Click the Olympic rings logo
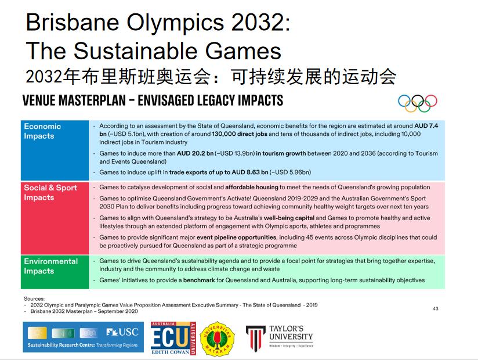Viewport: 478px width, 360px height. click(x=417, y=103)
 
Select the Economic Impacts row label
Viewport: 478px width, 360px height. click(x=42, y=131)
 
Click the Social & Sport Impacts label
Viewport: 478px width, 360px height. click(x=50, y=193)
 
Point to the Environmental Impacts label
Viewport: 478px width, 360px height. click(x=51, y=266)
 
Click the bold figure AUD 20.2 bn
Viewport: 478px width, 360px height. click(x=195, y=153)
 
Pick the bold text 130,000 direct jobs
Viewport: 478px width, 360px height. click(x=240, y=134)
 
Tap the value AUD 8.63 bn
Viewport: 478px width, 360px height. click(x=249, y=172)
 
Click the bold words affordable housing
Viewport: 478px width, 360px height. click(x=252, y=187)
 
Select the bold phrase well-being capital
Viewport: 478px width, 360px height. click(x=289, y=218)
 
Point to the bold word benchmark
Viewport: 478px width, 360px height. click(x=199, y=280)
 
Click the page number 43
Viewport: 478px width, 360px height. click(x=436, y=309)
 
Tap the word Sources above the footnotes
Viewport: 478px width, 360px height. click(x=34, y=298)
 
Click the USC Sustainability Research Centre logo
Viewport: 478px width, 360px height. click(x=83, y=337)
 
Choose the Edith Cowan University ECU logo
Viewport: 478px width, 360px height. click(x=173, y=338)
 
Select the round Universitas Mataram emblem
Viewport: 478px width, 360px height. click(x=217, y=339)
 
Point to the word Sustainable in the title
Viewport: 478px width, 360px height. click(x=136, y=51)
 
